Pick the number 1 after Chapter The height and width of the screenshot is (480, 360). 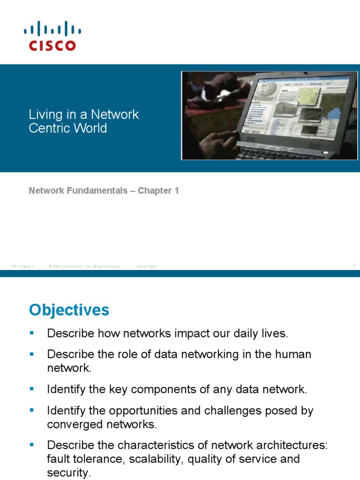pyautogui.click(x=177, y=191)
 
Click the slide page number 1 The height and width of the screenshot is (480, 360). pyautogui.click(x=354, y=266)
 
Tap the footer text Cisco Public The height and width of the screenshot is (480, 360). pyautogui.click(x=147, y=266)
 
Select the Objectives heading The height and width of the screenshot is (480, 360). pyautogui.click(x=69, y=310)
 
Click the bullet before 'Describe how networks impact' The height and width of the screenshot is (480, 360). pyautogui.click(x=32, y=333)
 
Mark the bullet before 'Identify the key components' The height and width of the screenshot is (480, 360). pyautogui.click(x=32, y=388)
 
